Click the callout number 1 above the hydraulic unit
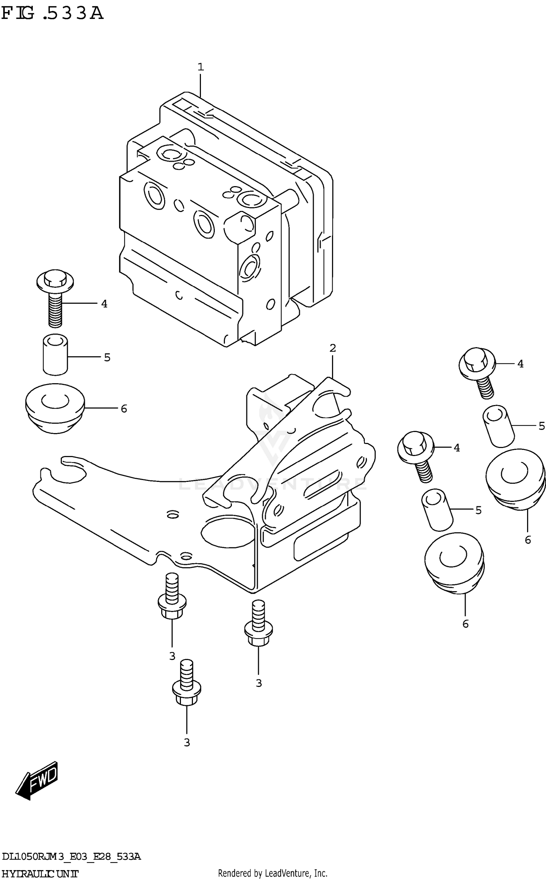coord(201,67)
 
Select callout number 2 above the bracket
coord(332,348)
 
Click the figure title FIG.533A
coord(52,13)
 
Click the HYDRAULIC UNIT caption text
coord(40,873)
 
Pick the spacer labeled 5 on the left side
coord(55,354)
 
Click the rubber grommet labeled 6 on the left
coord(55,408)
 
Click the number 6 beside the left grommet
coord(124,409)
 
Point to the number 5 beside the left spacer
coord(107,358)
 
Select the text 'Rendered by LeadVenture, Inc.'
coord(273,873)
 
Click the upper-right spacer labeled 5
coord(498,426)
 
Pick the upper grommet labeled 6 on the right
coord(515,479)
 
